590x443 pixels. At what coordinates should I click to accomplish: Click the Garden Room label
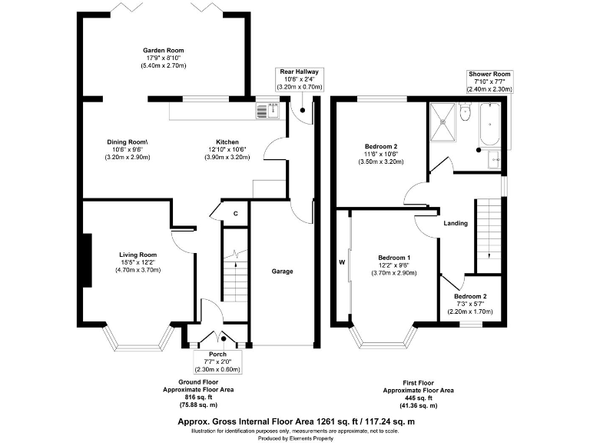click(163, 51)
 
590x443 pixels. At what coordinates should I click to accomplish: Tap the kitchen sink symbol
click(264, 111)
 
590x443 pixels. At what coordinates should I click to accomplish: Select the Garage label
click(282, 271)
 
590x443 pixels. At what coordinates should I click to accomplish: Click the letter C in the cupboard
click(235, 213)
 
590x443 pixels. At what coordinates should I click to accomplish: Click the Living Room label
click(138, 255)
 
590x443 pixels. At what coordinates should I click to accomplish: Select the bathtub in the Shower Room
click(489, 125)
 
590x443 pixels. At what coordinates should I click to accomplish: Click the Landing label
click(456, 223)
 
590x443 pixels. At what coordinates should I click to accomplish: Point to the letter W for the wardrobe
click(342, 261)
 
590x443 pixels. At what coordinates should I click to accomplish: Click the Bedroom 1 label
click(394, 257)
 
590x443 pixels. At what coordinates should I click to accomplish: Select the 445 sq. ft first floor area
click(417, 398)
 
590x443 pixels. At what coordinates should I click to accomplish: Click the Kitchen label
click(227, 142)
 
